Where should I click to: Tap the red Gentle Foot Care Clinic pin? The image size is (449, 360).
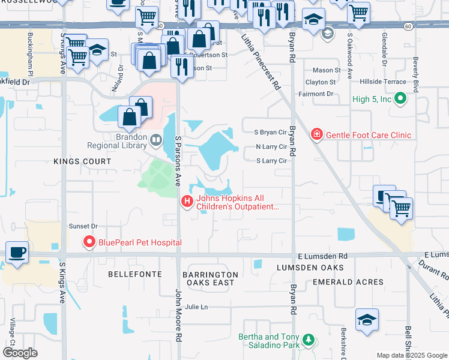pos(317,135)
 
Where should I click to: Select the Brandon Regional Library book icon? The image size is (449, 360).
pos(156,140)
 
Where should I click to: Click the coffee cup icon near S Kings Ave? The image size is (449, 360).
pos(17,253)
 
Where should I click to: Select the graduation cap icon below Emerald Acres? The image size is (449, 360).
pos(367,320)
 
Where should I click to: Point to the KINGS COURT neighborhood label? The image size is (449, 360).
pos(82,161)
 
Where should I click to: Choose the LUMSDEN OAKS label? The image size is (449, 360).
pos(310,267)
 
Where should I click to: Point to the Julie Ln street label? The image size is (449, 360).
pos(196,307)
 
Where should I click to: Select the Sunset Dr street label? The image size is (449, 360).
pos(83,226)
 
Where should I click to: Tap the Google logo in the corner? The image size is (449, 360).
pos(20,353)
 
